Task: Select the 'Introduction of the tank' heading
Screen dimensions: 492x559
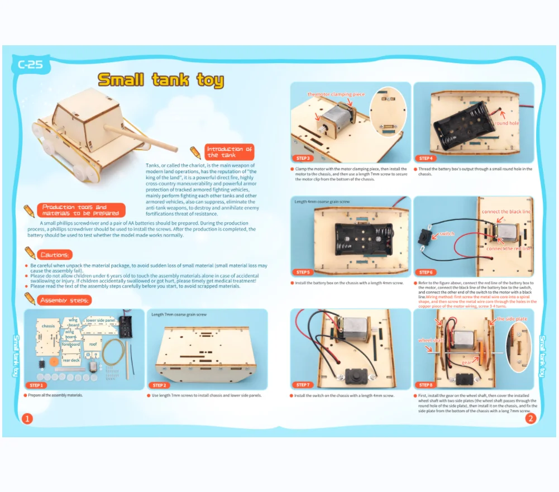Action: [230, 152]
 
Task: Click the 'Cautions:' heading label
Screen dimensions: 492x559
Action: [54, 255]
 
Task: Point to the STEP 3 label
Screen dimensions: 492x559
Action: [304, 159]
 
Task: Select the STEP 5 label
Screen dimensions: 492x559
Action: [304, 272]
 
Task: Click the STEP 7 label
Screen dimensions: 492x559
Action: [304, 385]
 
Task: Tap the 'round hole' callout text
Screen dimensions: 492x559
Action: [506, 123]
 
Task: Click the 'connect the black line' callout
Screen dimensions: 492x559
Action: [506, 212]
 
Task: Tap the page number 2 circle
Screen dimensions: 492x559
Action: [530, 418]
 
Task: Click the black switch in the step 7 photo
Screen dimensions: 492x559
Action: [353, 375]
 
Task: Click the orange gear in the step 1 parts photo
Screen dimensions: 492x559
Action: [55, 362]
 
